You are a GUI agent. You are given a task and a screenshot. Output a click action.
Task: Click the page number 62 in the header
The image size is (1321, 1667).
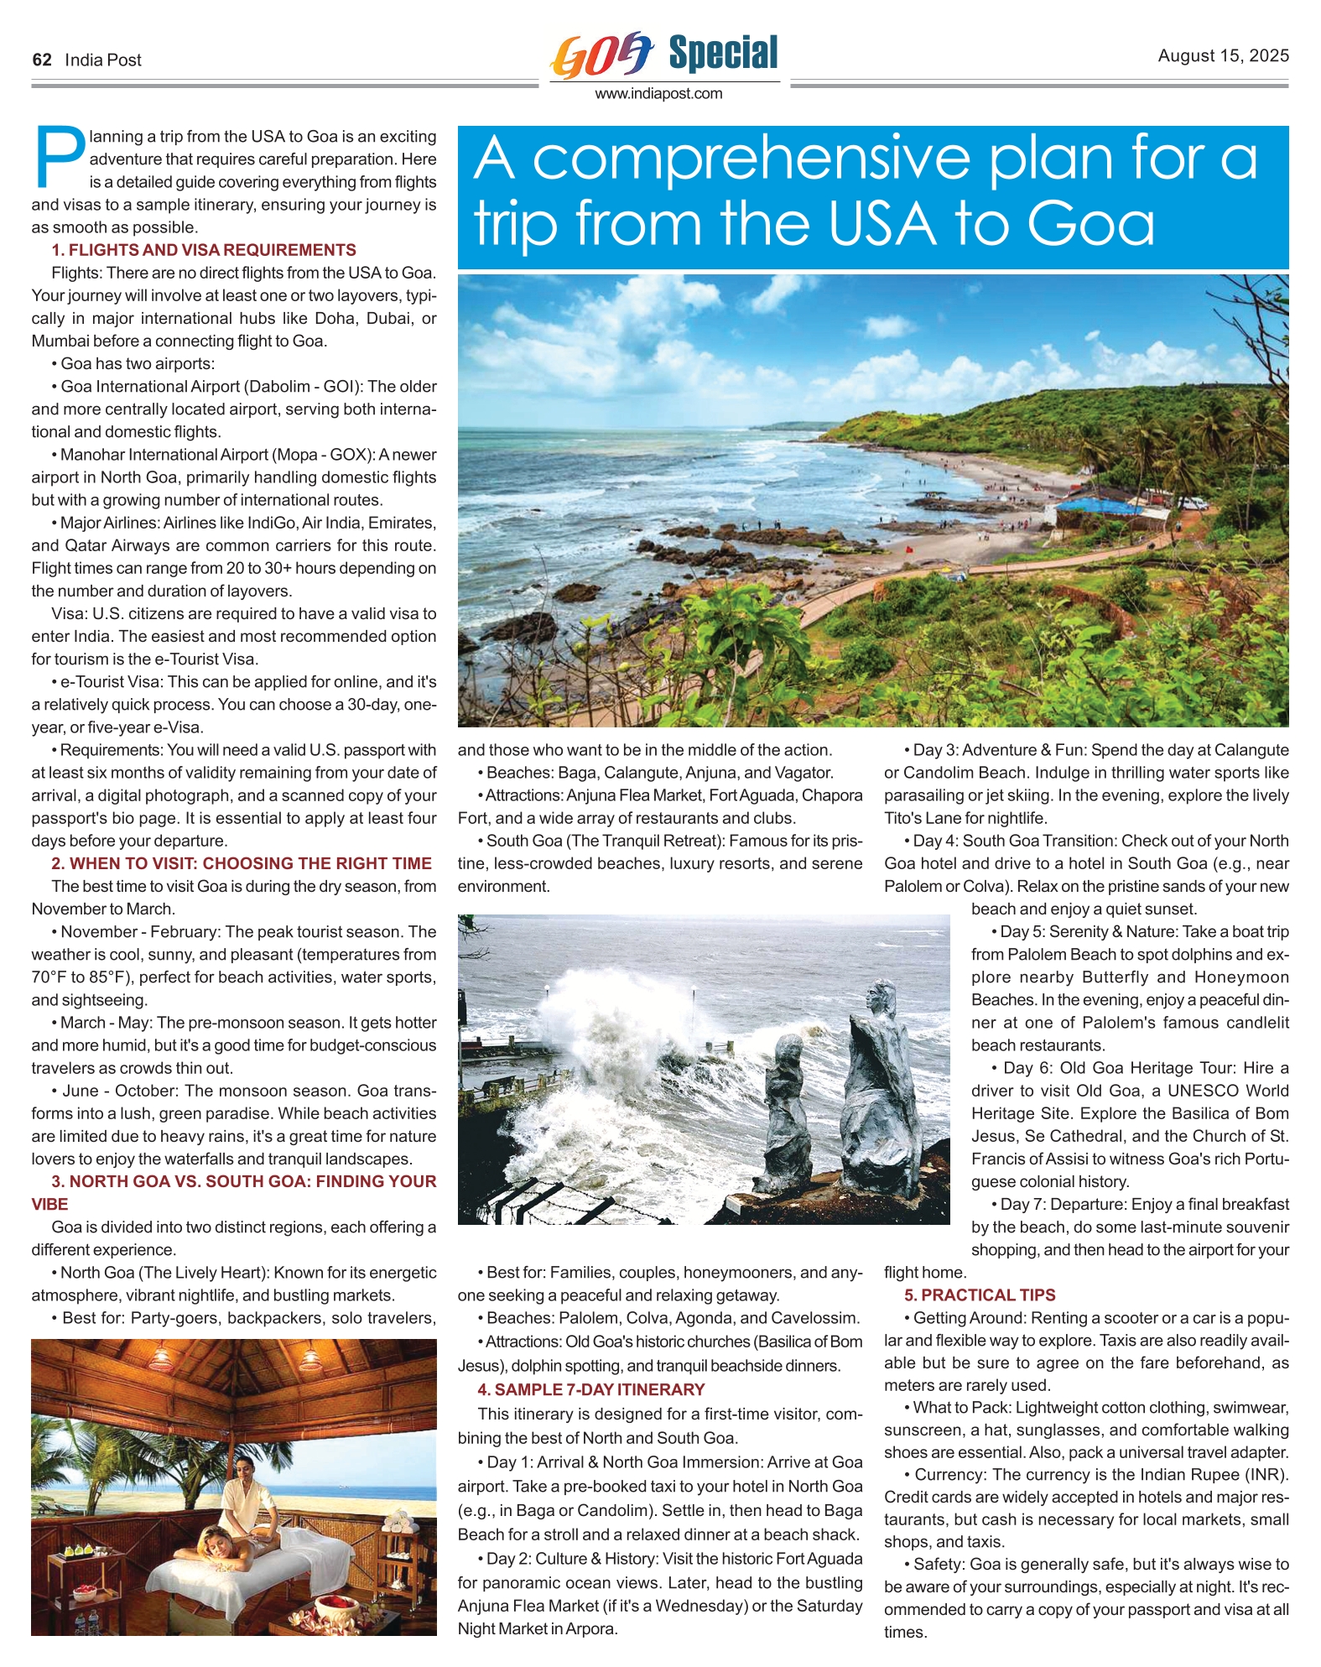pyautogui.click(x=42, y=60)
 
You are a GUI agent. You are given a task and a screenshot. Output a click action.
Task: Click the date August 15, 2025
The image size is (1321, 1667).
pyautogui.click(x=1223, y=55)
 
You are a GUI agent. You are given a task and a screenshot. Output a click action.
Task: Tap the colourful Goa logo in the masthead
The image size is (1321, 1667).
pyautogui.click(x=601, y=55)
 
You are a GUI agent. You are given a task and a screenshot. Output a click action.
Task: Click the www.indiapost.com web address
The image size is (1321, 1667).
pyautogui.click(x=658, y=94)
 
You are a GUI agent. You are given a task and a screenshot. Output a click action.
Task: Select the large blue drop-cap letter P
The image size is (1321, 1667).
pyautogui.click(x=59, y=157)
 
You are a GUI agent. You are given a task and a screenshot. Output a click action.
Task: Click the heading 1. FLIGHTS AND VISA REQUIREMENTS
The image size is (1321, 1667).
pyautogui.click(x=203, y=250)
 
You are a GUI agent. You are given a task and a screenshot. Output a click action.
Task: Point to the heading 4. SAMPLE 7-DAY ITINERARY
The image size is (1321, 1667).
pyautogui.click(x=590, y=1390)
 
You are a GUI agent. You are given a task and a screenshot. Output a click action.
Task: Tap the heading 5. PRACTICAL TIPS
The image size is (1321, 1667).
pyautogui.click(x=980, y=1295)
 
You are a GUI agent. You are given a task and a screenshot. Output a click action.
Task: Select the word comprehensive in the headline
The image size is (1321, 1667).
pyautogui.click(x=751, y=158)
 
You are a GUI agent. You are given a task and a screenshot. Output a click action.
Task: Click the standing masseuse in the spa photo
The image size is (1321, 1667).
pyautogui.click(x=243, y=1501)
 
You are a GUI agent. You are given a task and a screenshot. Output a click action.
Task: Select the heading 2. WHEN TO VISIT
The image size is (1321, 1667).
pyautogui.click(x=242, y=863)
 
